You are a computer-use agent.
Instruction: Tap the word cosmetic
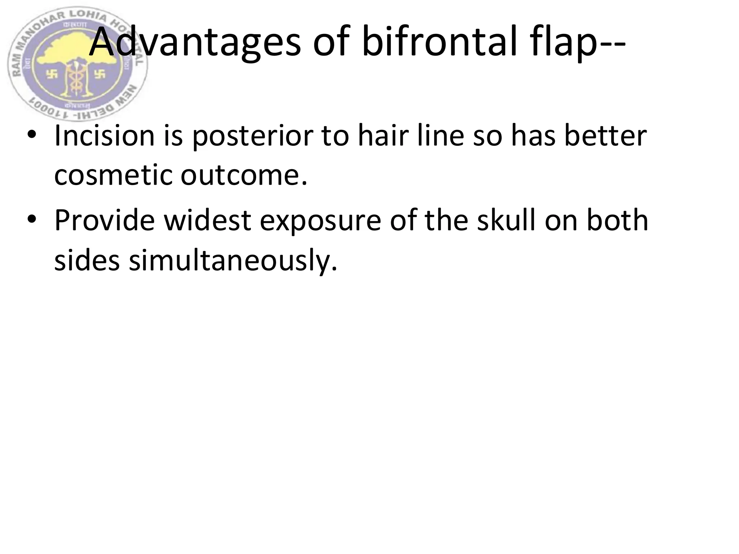113,176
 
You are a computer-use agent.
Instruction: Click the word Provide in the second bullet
105,220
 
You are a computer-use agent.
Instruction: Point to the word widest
208,220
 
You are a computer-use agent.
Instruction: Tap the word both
617,220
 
